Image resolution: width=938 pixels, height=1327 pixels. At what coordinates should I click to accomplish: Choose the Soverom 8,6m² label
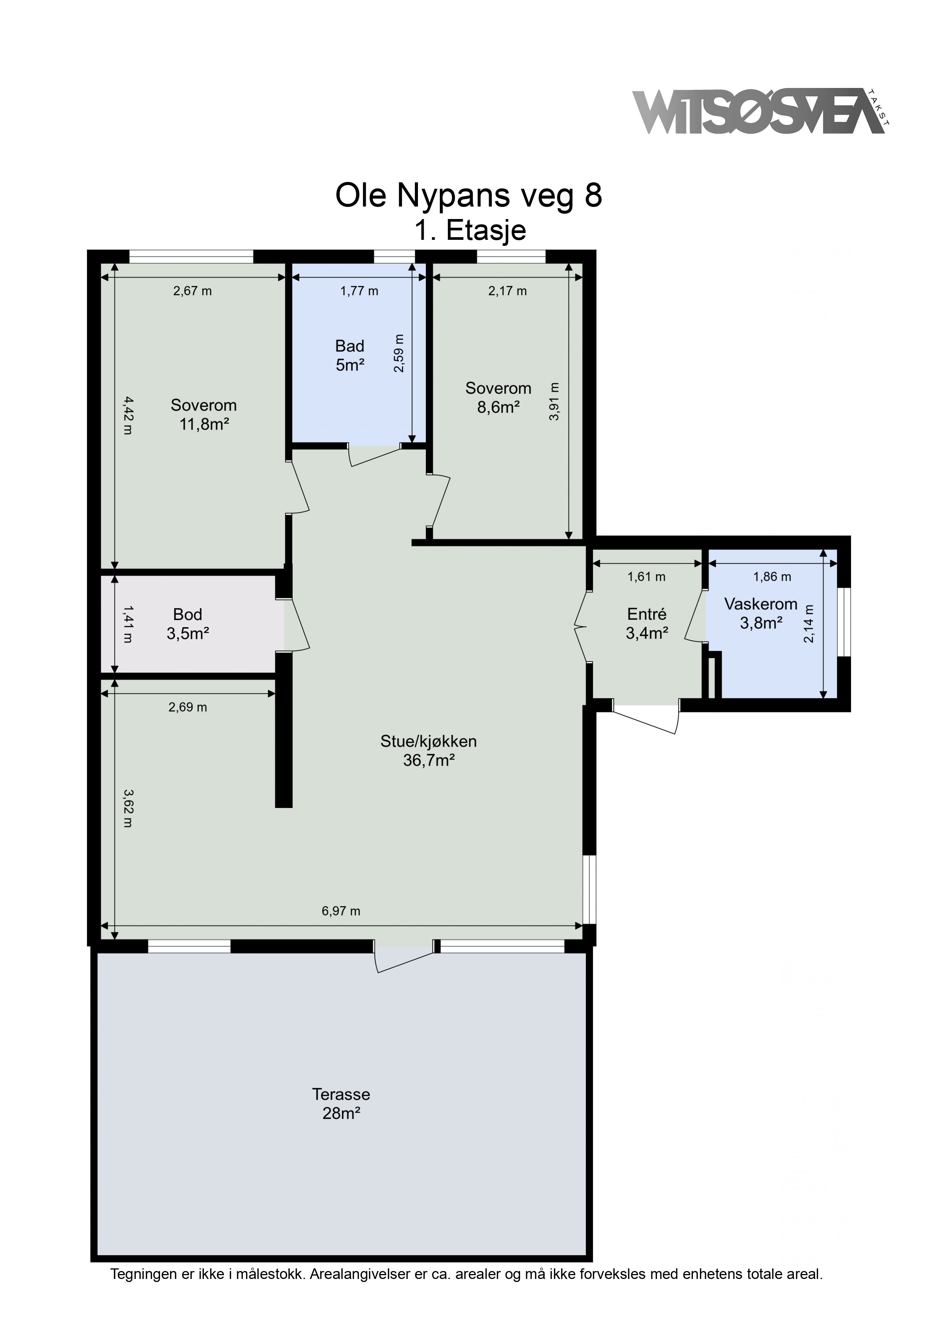498,398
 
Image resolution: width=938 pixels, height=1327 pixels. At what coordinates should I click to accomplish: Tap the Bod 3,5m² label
188,624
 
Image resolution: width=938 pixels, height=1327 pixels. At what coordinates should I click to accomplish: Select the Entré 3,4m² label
647,624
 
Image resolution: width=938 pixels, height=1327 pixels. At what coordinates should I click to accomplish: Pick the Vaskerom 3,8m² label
761,613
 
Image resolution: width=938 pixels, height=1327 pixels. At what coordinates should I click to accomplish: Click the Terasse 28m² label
341,1103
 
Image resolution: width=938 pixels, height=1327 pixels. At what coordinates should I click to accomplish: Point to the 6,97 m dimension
341,911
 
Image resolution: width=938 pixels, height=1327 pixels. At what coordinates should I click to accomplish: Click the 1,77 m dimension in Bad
359,291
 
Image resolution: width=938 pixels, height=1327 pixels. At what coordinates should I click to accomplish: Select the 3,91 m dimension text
554,402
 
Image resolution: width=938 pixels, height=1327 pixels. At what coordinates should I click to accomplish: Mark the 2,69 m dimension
188,707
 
